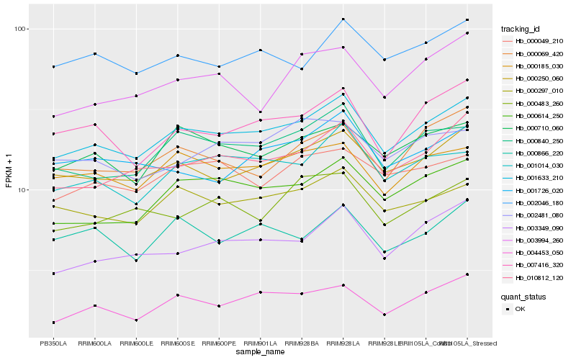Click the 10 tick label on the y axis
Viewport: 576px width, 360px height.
pos(22,190)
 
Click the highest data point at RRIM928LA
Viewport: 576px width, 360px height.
pos(344,19)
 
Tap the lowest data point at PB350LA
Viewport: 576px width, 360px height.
pos(53,323)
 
